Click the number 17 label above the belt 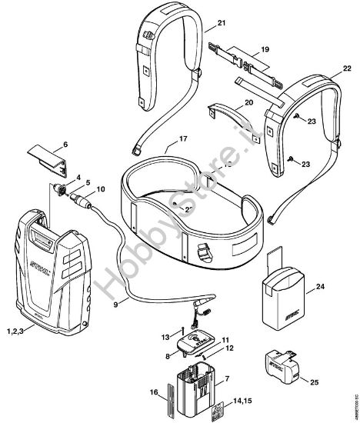click(x=184, y=138)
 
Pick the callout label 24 click(x=320, y=289)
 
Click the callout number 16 click(x=154, y=393)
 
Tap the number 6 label click(x=65, y=144)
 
